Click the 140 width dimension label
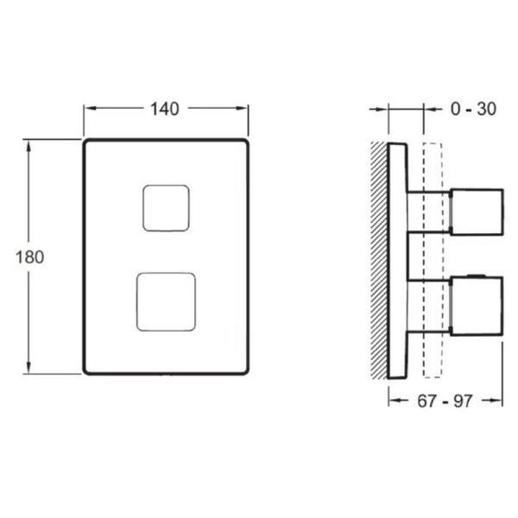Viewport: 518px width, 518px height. coord(165,110)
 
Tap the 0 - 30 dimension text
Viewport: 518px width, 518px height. coord(473,110)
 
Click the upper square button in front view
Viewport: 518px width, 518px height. coord(166,208)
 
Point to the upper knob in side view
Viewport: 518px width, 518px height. coord(476,210)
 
